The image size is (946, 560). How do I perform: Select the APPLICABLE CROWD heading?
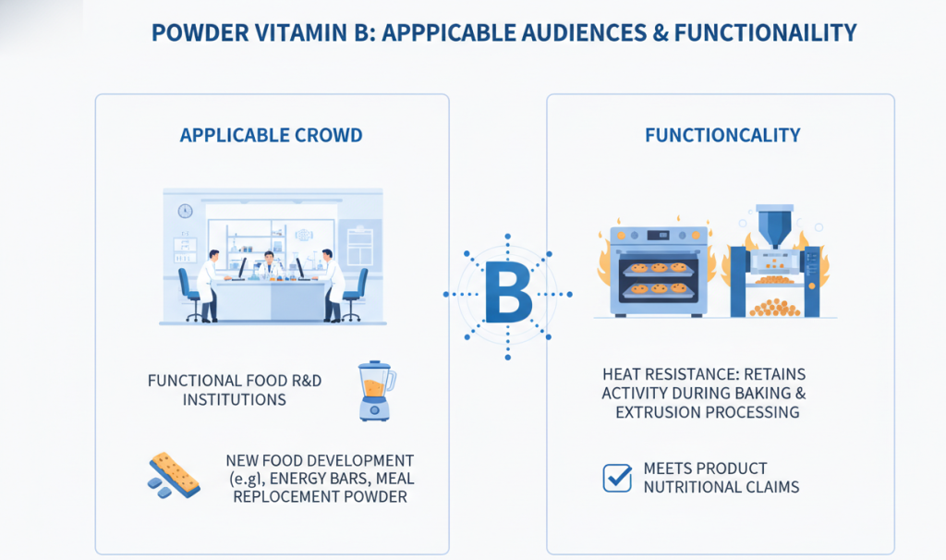(271, 136)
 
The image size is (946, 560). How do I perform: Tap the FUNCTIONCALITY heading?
(722, 136)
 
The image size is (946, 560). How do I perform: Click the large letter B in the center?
(507, 294)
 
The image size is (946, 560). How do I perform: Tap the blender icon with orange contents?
(376, 391)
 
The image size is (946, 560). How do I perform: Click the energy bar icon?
(175, 474)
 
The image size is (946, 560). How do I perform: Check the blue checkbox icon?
(616, 478)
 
